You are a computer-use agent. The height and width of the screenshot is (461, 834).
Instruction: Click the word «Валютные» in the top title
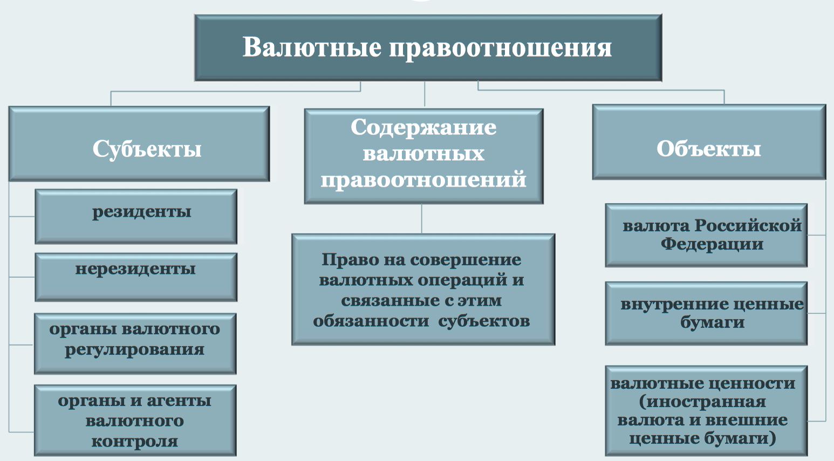pos(312,47)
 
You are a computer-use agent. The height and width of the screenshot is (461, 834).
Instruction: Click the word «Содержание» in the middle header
pos(423,128)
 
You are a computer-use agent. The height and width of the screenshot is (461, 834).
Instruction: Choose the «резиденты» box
pos(136,216)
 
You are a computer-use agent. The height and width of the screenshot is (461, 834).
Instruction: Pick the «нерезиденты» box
pos(136,277)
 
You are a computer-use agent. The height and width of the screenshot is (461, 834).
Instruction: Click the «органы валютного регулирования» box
pos(135,343)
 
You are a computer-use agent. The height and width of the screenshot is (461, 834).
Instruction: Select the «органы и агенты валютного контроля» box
pos(135,420)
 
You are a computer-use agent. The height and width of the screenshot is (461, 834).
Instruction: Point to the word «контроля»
pos(135,441)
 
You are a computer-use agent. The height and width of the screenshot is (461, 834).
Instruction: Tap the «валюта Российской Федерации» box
pos(706,235)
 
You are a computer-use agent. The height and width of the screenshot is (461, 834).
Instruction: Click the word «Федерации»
pos(712,244)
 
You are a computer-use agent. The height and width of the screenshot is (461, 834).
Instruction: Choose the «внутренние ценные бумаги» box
pos(706,313)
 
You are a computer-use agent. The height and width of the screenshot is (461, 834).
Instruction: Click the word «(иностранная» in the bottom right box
pos(702,402)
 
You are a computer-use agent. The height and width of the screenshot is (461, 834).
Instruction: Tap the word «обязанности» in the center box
pos(371,321)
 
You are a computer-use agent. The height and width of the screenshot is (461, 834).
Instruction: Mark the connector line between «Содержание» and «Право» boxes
pos(422,219)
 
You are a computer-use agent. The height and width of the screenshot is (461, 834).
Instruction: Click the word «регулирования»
pos(135,350)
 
